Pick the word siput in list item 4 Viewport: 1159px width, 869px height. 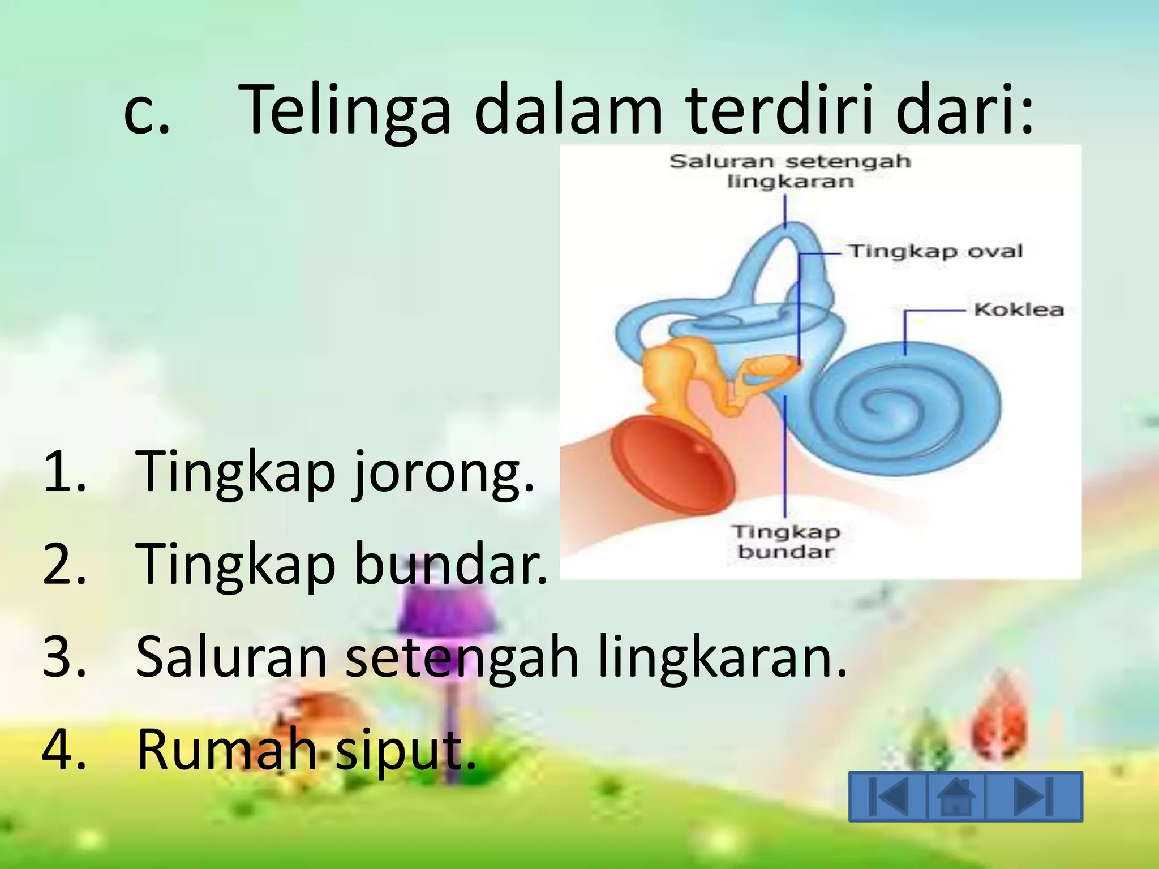click(x=405, y=750)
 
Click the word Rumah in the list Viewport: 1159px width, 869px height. click(x=226, y=750)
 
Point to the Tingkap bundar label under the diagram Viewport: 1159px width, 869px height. click(x=787, y=541)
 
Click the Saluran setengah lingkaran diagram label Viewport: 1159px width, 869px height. click(x=790, y=171)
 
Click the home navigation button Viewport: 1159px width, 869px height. click(x=956, y=797)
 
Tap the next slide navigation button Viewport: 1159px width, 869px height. click(x=1033, y=797)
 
